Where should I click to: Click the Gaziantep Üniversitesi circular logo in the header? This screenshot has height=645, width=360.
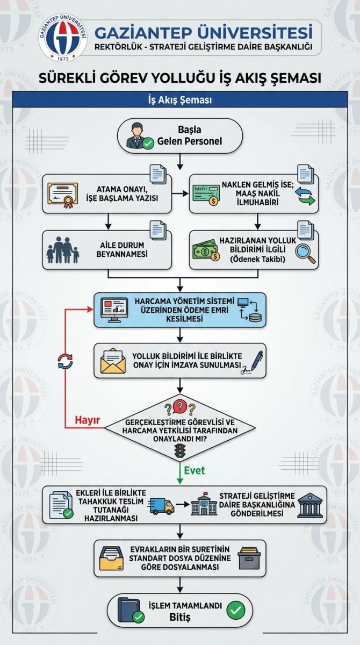click(x=63, y=38)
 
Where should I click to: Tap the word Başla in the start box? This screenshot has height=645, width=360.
click(x=189, y=130)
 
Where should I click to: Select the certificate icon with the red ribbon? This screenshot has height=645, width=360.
click(x=62, y=195)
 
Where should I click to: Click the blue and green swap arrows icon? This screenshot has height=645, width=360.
click(x=305, y=196)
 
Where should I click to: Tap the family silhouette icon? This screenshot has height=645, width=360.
click(x=63, y=250)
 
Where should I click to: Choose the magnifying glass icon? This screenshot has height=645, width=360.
click(x=305, y=253)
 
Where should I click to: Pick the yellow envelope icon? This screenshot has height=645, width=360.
click(x=113, y=361)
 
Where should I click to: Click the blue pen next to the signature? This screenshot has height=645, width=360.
click(x=257, y=360)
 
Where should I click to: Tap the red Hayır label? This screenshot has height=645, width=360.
click(x=87, y=420)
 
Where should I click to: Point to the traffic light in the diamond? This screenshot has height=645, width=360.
click(x=180, y=450)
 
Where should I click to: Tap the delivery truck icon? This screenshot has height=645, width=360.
click(x=161, y=506)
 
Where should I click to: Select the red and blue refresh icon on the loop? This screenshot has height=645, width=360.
click(x=66, y=361)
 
